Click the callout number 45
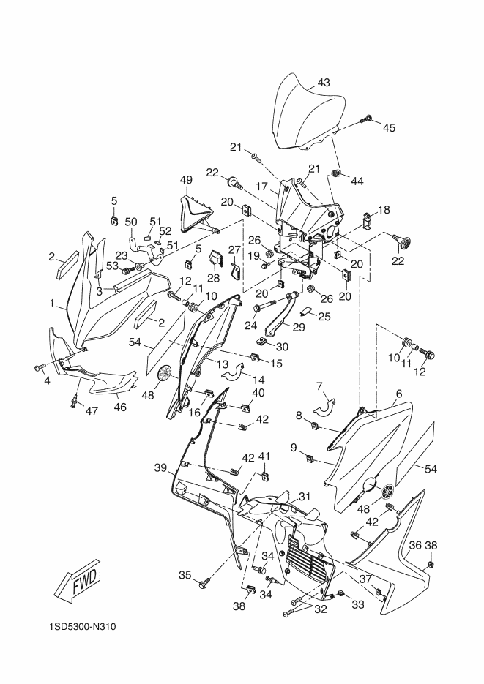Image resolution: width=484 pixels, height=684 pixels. point(389,127)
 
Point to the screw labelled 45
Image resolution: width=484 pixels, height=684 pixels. point(368,117)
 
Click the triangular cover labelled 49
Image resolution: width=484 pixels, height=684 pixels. point(196,211)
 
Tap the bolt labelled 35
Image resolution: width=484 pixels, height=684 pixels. point(204,582)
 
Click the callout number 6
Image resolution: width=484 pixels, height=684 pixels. point(399,393)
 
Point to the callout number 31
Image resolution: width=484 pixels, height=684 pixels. point(305,496)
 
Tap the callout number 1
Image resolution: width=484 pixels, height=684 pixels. point(53,301)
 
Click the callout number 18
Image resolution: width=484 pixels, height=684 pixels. point(384,211)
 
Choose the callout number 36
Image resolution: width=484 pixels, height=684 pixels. point(414,545)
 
